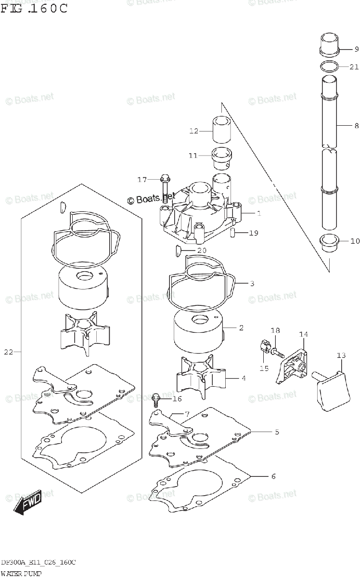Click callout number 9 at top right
(x=356, y=49)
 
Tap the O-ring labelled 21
(x=329, y=66)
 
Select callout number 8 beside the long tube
(x=356, y=126)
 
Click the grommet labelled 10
(x=330, y=241)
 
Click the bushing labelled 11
(x=222, y=158)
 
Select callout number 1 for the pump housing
(x=258, y=213)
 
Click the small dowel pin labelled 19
(x=232, y=234)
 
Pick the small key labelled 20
(x=177, y=250)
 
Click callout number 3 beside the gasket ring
(x=252, y=284)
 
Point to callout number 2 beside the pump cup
(x=241, y=328)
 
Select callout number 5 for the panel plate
(x=277, y=432)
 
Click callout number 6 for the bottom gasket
(x=273, y=476)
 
